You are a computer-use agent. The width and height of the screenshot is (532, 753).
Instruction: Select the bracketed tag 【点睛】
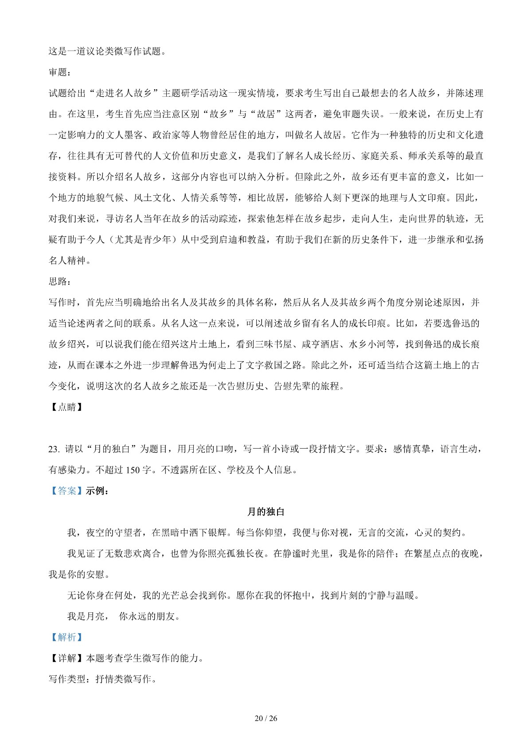[66, 407]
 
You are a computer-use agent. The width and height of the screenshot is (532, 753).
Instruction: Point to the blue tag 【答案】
[66, 491]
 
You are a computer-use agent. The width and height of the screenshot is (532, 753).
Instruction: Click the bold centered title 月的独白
[266, 512]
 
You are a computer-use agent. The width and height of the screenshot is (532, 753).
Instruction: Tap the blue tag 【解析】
[66, 637]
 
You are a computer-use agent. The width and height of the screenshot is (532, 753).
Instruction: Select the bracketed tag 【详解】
[66, 658]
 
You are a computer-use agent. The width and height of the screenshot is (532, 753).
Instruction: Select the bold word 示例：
[97, 491]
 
